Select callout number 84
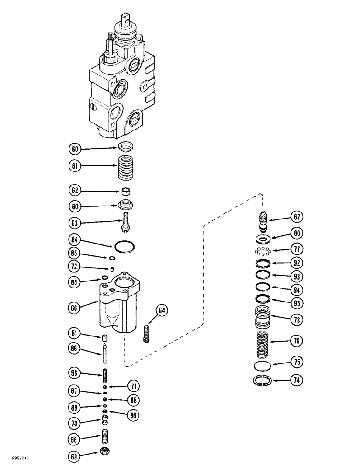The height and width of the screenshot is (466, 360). (75, 241)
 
